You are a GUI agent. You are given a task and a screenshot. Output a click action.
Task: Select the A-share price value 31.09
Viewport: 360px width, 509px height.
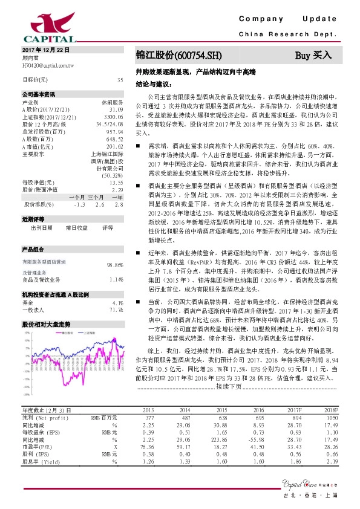[116, 109]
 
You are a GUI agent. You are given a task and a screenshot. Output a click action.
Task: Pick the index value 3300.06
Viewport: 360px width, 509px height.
[114, 115]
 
